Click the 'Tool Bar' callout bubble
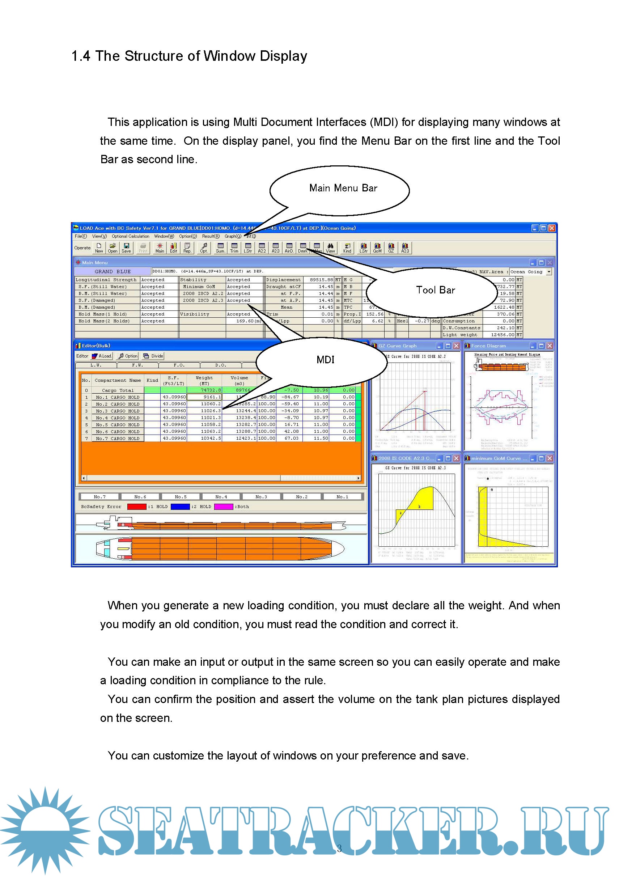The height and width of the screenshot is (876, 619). coord(435,290)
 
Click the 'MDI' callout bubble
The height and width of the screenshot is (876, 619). coord(325,360)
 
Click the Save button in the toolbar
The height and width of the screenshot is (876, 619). coord(126,247)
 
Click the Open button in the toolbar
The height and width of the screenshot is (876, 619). coord(113,247)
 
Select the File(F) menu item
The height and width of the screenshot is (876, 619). coord(81,236)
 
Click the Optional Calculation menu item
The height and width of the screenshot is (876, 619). coord(131,236)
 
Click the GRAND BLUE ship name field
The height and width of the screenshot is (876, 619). coord(113,272)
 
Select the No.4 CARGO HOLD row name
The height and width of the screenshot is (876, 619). coord(118,418)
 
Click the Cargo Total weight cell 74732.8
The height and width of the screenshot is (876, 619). coord(204,390)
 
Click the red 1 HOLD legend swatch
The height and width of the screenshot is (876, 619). coord(136,507)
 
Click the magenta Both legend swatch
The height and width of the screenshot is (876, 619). coord(224,507)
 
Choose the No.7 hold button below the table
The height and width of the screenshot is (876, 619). coord(99,497)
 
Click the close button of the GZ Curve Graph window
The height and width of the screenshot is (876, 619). coord(456,346)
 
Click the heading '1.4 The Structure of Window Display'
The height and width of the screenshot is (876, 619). coord(189,56)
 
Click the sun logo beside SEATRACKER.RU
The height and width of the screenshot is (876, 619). coord(45,830)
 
